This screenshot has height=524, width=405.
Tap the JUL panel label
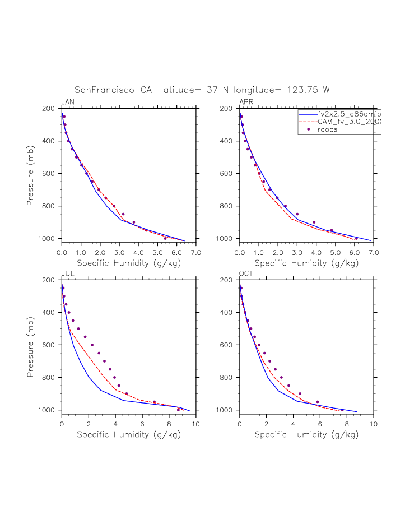67,273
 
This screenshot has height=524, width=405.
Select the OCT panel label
246,273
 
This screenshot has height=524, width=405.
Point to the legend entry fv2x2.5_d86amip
348,114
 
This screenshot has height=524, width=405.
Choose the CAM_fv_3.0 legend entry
348,122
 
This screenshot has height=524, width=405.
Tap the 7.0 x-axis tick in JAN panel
195,252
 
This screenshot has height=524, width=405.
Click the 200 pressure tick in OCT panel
229,280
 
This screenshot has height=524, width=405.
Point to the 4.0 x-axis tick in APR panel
316,252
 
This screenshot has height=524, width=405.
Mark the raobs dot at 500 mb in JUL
78,329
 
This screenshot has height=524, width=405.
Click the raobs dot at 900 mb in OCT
300,393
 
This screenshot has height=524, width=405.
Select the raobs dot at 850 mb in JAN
123,214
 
